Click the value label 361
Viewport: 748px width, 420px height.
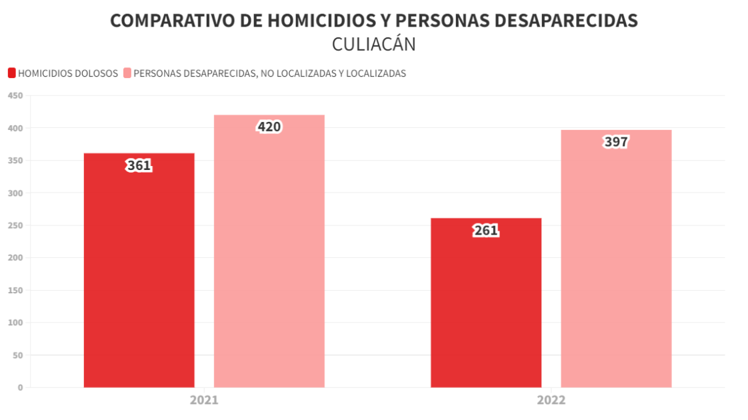point(139,165)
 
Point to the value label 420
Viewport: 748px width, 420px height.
point(269,127)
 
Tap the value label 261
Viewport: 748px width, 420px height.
point(486,231)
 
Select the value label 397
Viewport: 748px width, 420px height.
point(616,142)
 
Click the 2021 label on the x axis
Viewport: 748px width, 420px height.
point(204,401)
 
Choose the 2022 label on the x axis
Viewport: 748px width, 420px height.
point(551,401)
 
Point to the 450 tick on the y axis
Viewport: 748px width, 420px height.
point(15,96)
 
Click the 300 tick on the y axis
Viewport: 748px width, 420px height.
point(15,193)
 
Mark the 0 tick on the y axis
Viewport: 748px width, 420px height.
point(20,387)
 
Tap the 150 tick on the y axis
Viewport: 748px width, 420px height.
point(15,291)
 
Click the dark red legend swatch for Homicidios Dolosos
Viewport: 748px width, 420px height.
point(11,73)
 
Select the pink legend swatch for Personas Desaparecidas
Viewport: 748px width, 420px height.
point(127,73)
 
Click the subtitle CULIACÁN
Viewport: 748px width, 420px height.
point(373,45)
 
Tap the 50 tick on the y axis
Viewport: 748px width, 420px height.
point(17,355)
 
